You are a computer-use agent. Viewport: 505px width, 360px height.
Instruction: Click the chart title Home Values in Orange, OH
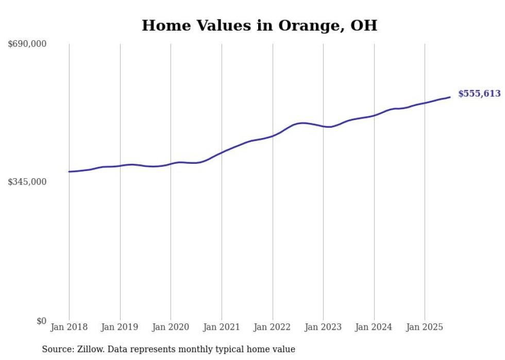click(259, 25)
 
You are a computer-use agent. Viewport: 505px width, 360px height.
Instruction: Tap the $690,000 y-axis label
click(27, 44)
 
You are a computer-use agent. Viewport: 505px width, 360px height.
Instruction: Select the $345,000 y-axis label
click(27, 182)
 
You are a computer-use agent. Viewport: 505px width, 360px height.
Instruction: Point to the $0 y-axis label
click(41, 321)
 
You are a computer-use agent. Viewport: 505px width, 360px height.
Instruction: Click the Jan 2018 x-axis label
click(69, 327)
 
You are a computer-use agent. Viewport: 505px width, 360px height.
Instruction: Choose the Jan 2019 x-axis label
click(120, 327)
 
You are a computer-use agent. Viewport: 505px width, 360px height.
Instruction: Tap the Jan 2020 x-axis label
click(171, 327)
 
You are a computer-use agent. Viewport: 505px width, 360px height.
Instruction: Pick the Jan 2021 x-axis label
click(222, 327)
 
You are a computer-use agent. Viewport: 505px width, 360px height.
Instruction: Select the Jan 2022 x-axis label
click(273, 327)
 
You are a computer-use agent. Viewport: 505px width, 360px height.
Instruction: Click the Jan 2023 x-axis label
click(323, 327)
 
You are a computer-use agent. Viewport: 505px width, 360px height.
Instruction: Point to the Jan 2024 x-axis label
click(374, 327)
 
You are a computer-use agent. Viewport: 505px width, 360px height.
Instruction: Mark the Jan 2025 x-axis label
click(425, 327)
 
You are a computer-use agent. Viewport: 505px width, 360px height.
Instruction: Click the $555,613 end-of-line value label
click(479, 94)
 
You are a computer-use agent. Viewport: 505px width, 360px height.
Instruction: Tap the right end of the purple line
click(450, 97)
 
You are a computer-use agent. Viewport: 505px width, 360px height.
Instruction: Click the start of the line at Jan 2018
click(69, 172)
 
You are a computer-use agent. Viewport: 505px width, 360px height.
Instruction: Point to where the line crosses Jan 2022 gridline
click(273, 136)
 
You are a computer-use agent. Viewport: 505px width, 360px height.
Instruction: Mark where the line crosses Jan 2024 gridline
click(374, 115)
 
